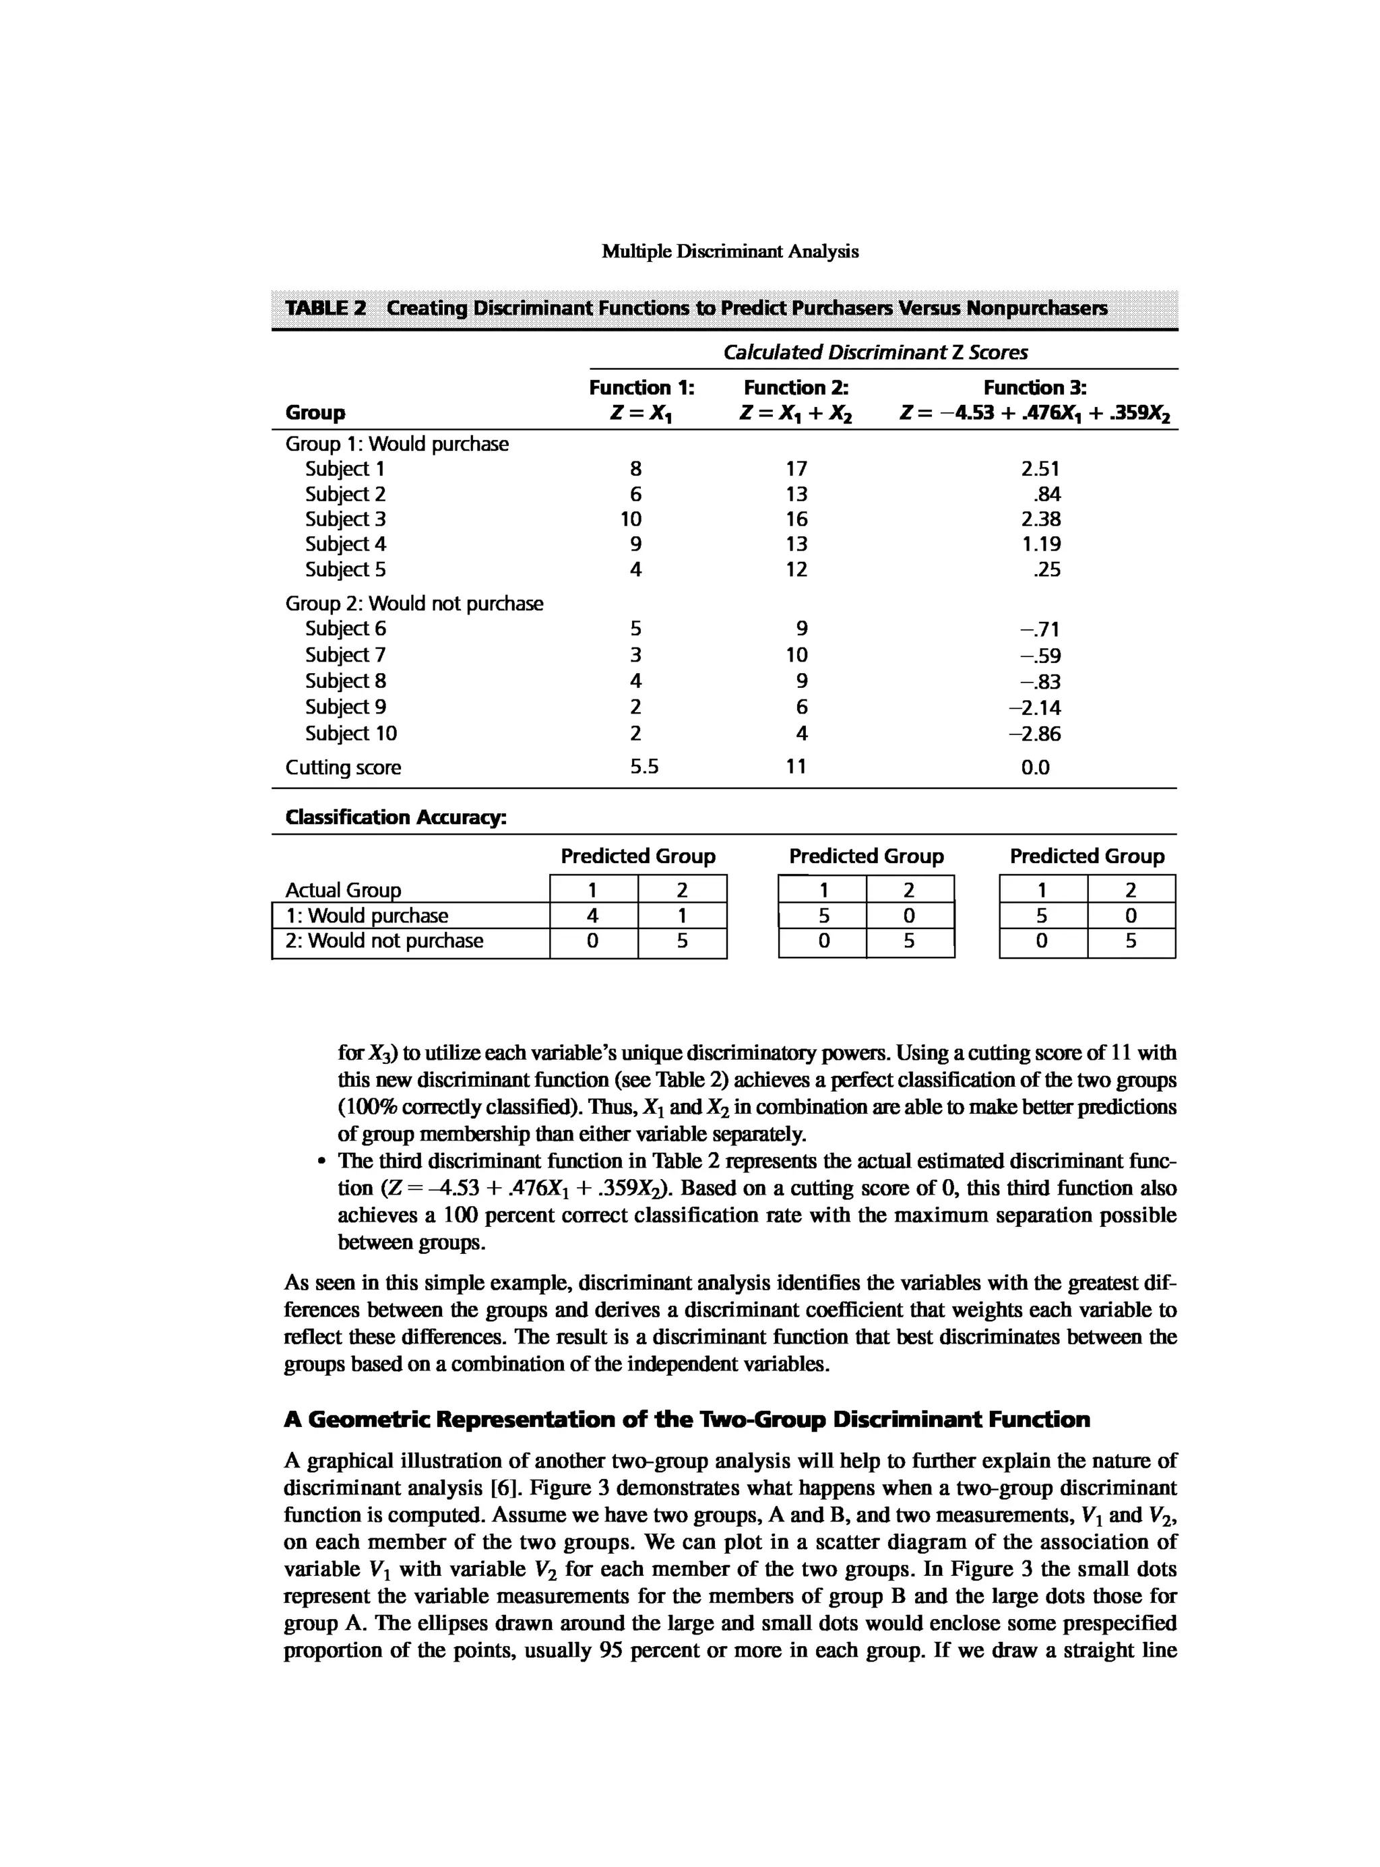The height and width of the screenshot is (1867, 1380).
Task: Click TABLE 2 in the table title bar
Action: pyautogui.click(x=325, y=308)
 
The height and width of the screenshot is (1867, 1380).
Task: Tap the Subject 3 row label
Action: pyautogui.click(x=345, y=519)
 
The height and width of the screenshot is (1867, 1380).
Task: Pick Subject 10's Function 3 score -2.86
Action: pyautogui.click(x=1035, y=734)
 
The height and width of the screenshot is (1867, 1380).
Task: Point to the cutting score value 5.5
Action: pyautogui.click(x=644, y=766)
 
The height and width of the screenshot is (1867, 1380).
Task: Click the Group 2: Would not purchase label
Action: pyautogui.click(x=414, y=603)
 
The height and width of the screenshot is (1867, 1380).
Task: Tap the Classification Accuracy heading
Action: pyautogui.click(x=396, y=817)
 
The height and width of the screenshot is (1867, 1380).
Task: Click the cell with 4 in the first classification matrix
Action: pyautogui.click(x=592, y=916)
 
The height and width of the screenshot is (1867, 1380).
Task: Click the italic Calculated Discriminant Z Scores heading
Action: pyautogui.click(x=875, y=352)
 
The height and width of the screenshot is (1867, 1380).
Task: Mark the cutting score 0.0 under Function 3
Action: pyautogui.click(x=1035, y=767)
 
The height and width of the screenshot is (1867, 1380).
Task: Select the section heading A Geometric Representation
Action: pyautogui.click(x=687, y=1419)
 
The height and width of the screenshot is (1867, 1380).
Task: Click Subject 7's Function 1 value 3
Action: pyautogui.click(x=635, y=654)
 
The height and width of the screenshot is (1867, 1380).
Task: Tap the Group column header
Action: pyautogui.click(x=315, y=412)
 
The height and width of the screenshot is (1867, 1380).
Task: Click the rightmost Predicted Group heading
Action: pyautogui.click(x=1086, y=856)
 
